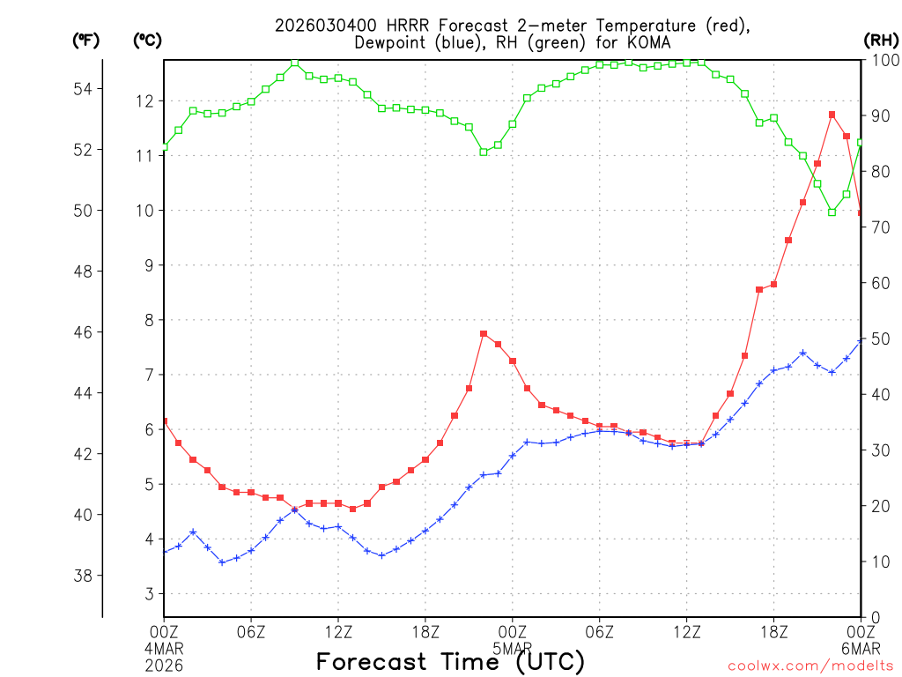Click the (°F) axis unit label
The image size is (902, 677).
pyautogui.click(x=86, y=40)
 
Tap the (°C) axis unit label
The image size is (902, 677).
pyautogui.click(x=147, y=40)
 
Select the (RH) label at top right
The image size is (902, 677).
pyautogui.click(x=880, y=40)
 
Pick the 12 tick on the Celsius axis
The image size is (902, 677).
pyautogui.click(x=144, y=101)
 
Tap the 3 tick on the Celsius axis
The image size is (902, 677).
pyautogui.click(x=149, y=594)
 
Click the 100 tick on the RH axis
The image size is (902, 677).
pyautogui.click(x=884, y=60)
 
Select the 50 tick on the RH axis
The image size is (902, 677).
pyautogui.click(x=879, y=338)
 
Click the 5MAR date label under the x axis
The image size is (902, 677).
pyautogui.click(x=513, y=646)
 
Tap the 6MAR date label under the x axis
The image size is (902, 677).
pyautogui.click(x=861, y=646)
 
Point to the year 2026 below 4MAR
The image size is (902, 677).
pyautogui.click(x=165, y=661)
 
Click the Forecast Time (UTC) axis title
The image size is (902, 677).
pyautogui.click(x=450, y=661)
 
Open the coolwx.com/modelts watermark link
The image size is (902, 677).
pyautogui.click(x=810, y=666)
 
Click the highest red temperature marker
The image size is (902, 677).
pyautogui.click(x=832, y=115)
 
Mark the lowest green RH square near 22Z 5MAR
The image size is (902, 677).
pyautogui.click(x=832, y=212)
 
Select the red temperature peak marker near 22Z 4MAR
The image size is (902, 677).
pyautogui.click(x=484, y=334)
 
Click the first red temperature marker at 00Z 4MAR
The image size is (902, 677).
pyautogui.click(x=165, y=421)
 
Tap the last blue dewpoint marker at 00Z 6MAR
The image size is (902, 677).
pyautogui.click(x=861, y=340)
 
